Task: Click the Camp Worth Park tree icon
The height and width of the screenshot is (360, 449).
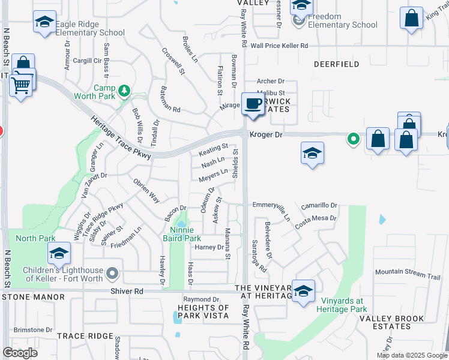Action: point(124,91)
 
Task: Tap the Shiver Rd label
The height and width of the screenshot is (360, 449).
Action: point(127,291)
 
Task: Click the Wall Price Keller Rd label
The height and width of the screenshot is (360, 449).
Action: point(279,46)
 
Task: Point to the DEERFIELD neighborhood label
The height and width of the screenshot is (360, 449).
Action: point(336,64)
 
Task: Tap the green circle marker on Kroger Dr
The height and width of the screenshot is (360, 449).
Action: point(354,140)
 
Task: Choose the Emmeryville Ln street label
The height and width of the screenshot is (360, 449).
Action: point(271,205)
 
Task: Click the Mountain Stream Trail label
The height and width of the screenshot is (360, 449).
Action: point(408,272)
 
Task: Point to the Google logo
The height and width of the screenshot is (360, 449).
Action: point(20,352)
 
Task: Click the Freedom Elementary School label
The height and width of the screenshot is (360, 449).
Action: point(343,20)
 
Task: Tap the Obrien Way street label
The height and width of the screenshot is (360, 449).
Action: point(146,191)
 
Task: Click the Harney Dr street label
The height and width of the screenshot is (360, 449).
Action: point(209,247)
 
